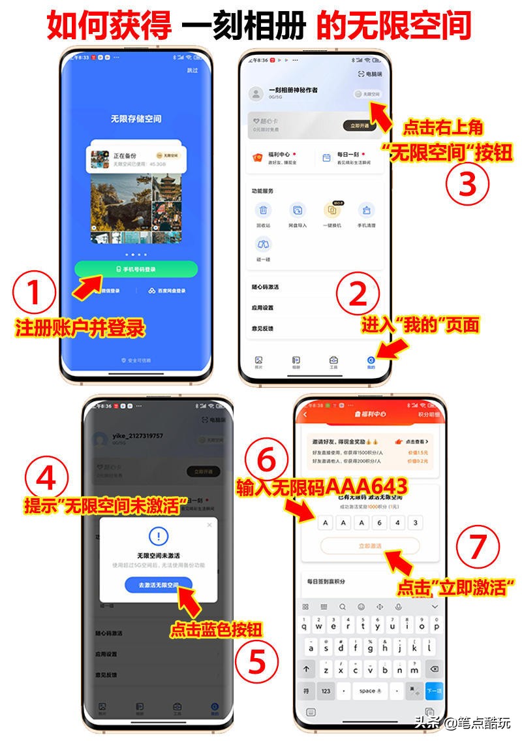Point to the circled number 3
(x=467, y=183)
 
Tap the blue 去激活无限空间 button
(x=159, y=585)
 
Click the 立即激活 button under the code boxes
(x=370, y=546)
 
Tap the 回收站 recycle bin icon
(x=263, y=211)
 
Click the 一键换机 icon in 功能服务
(x=332, y=211)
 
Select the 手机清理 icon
(x=367, y=211)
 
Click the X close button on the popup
(x=209, y=524)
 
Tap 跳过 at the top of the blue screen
(x=192, y=70)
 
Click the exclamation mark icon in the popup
(x=159, y=537)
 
